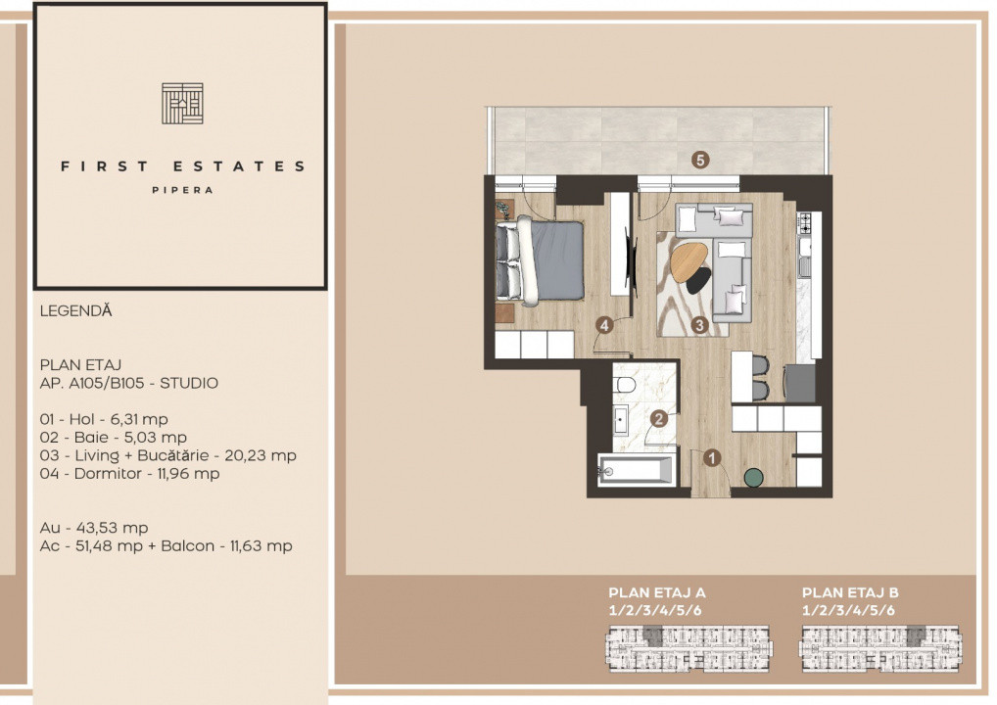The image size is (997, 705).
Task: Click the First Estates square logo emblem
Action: click(x=182, y=104)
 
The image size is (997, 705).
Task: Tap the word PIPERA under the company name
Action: click(x=182, y=191)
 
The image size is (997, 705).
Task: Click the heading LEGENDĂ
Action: click(x=76, y=311)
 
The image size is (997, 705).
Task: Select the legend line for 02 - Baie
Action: click(x=114, y=438)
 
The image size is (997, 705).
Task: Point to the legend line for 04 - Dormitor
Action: click(x=130, y=474)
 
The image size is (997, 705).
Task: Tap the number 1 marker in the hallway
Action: click(x=712, y=456)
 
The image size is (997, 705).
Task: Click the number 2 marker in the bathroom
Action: click(x=660, y=418)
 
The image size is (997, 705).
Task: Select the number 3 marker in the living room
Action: click(x=699, y=325)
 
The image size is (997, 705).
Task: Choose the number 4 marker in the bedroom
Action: click(x=607, y=324)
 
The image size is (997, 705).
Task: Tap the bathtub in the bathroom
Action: click(x=637, y=470)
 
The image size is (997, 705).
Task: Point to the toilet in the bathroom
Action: click(x=626, y=389)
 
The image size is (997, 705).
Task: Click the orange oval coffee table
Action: click(x=688, y=259)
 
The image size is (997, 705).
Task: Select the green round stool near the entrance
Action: click(x=753, y=477)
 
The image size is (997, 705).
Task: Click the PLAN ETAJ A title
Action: click(x=657, y=592)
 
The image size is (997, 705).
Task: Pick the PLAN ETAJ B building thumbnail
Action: click(x=881, y=645)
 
